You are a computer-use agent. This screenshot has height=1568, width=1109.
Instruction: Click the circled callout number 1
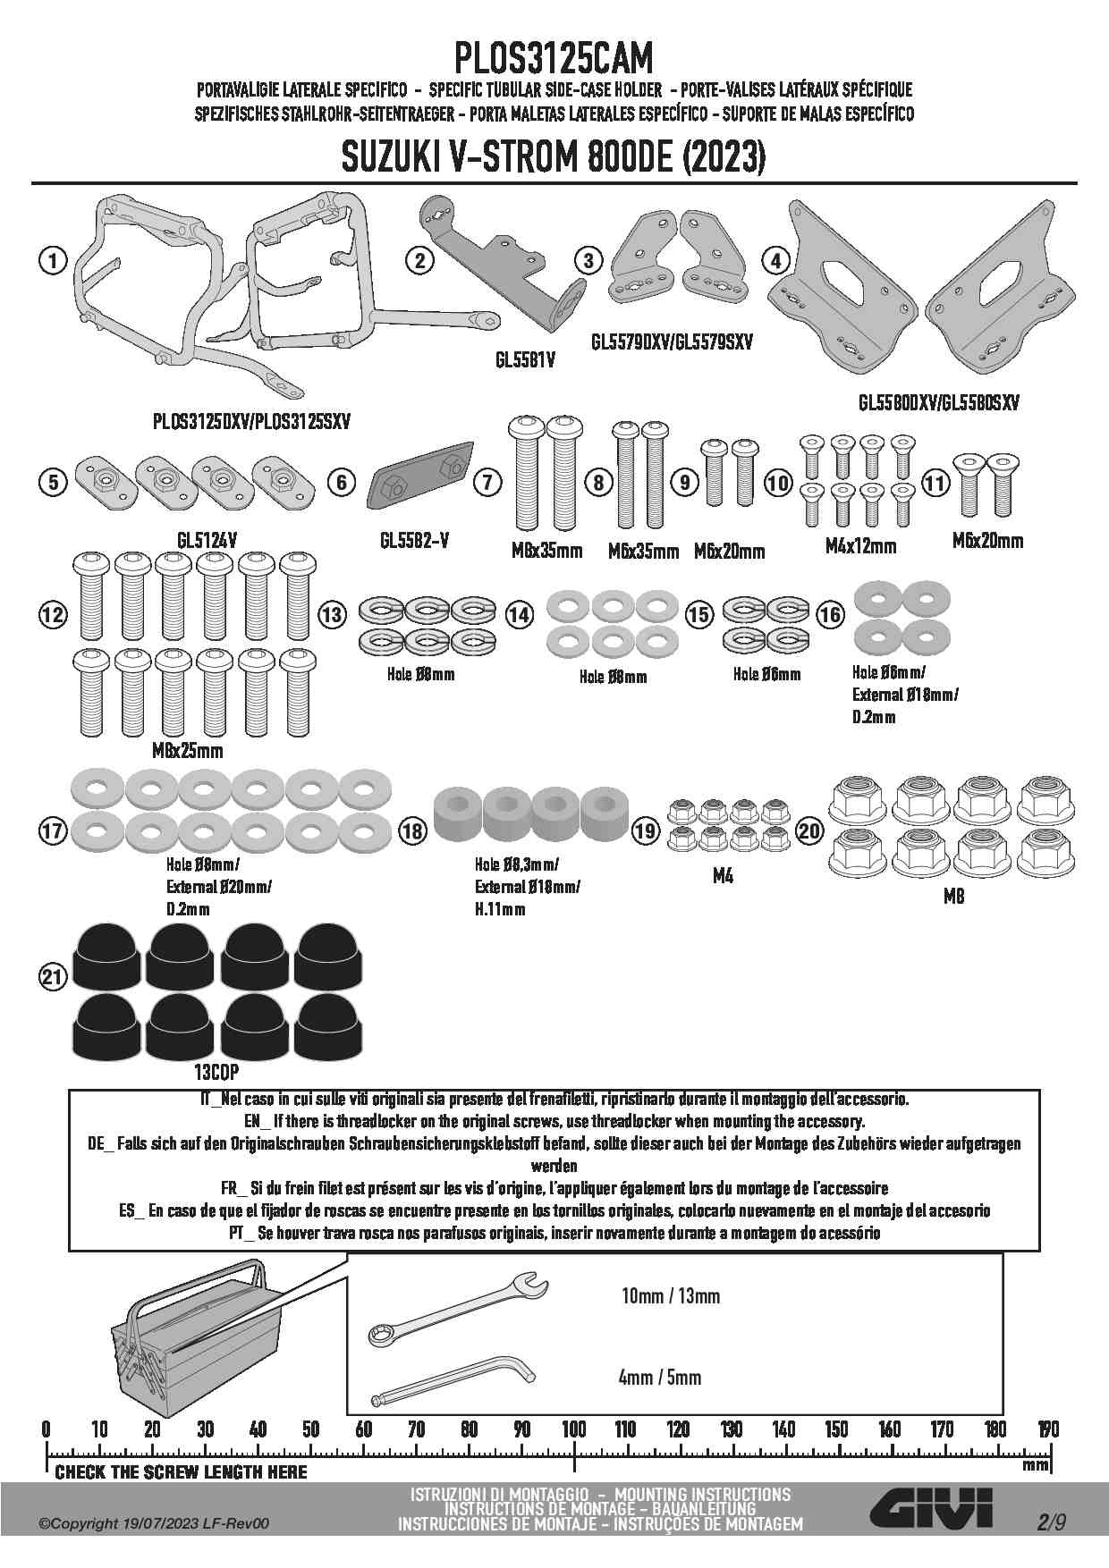[54, 261]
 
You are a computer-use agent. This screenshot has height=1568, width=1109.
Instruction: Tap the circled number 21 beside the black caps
[53, 977]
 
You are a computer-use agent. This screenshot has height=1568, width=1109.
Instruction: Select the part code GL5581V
[525, 360]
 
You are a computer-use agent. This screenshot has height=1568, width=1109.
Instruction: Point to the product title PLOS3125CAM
[554, 59]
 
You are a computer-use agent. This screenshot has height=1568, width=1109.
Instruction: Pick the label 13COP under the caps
[216, 1071]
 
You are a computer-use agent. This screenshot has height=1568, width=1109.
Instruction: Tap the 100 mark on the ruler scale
[573, 1429]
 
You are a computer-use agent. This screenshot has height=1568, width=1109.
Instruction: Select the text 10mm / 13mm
[671, 1296]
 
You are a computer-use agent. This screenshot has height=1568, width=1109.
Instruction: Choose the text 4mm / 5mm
[660, 1378]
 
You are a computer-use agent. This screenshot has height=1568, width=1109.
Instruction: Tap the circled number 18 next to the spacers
[412, 831]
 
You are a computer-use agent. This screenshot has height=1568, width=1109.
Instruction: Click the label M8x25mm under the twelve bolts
[188, 751]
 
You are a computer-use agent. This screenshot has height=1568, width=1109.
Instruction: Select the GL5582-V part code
[414, 541]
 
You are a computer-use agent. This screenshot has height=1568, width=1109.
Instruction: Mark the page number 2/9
[1052, 1522]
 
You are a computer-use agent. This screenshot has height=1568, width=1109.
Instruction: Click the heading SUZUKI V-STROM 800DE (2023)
[554, 159]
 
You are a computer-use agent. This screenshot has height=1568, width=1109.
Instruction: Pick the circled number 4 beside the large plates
[775, 261]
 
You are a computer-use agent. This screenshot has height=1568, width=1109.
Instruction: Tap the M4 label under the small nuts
[723, 877]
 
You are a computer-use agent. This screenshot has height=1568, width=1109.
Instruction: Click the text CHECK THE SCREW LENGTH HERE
[181, 1472]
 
